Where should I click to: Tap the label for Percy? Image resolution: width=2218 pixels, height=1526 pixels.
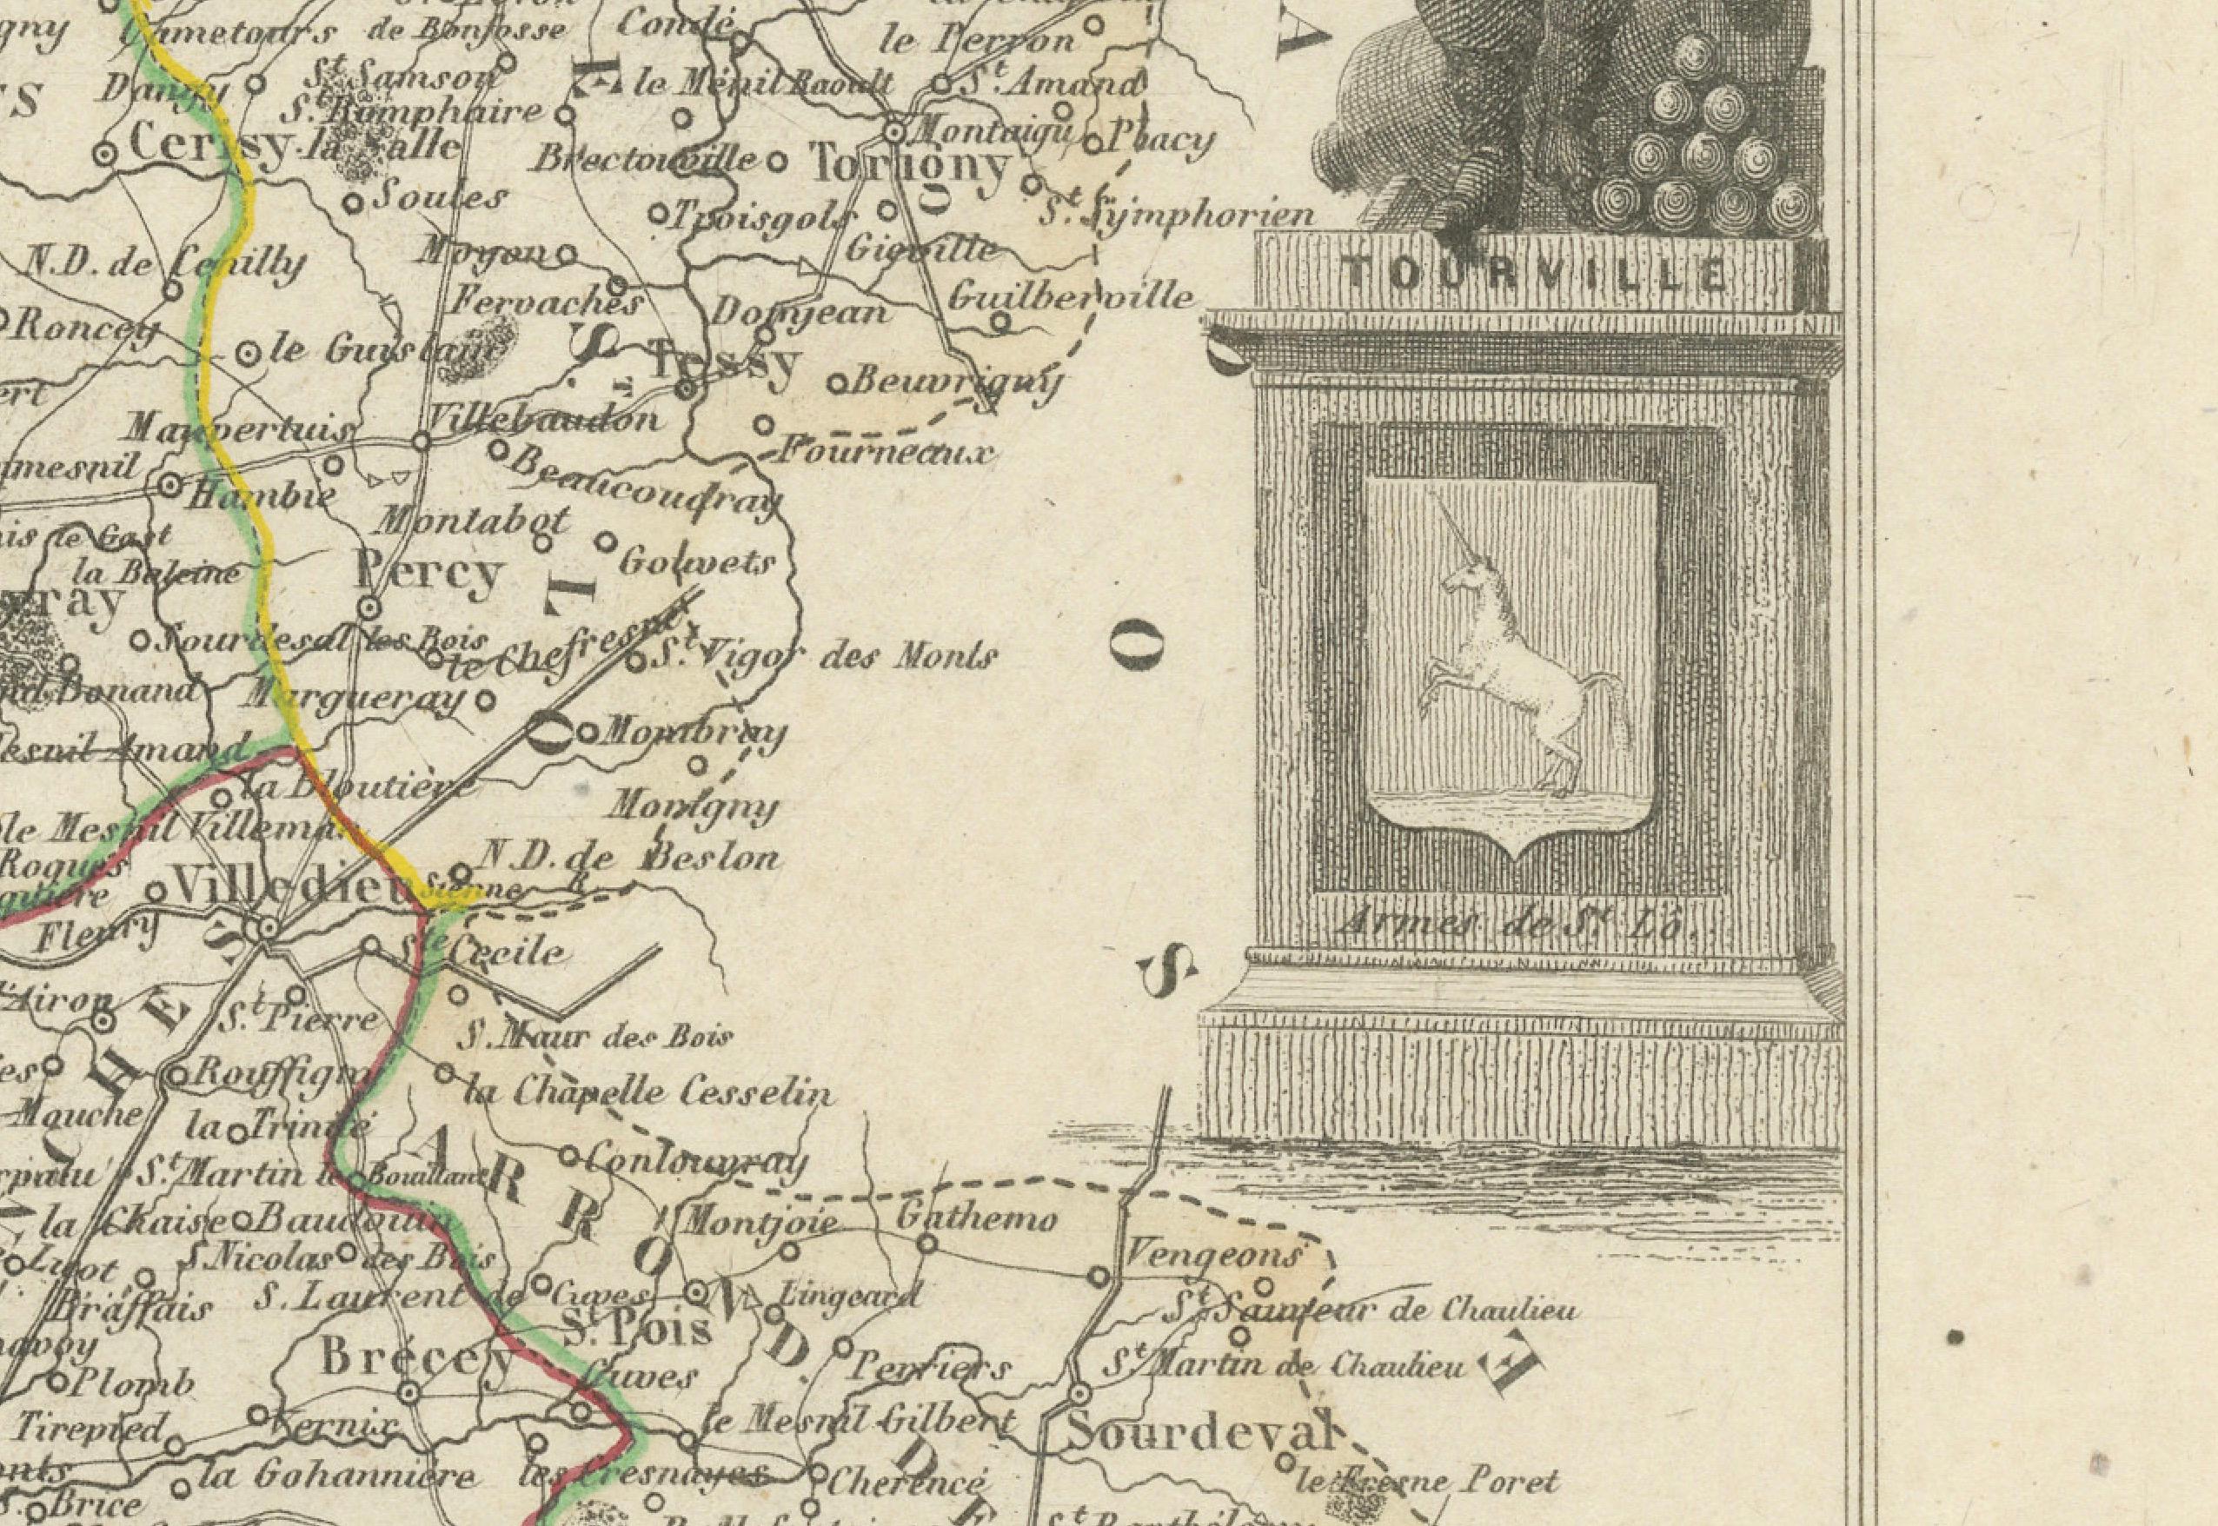point(428,573)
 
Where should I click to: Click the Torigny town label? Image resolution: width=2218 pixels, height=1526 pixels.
point(909,165)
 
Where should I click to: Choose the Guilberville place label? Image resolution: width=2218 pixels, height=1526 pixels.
point(1070,295)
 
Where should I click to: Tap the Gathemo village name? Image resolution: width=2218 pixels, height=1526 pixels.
point(976,1219)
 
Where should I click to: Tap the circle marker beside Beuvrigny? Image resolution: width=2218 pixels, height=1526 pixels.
point(834,384)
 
